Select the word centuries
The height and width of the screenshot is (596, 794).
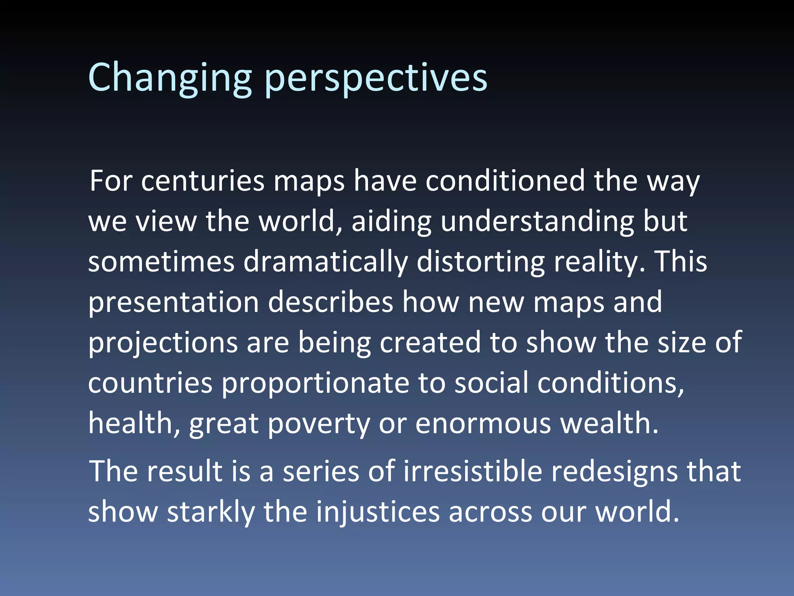[x=202, y=181]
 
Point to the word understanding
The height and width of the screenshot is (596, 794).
[x=537, y=222]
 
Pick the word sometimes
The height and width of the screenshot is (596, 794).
[x=161, y=262]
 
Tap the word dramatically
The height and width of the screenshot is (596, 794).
[x=326, y=262]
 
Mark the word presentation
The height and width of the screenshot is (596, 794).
[x=173, y=303]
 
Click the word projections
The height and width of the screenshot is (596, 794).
[x=163, y=343]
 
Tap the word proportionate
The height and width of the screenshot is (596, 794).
[x=315, y=383]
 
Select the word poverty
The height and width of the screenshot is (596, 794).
[x=319, y=424]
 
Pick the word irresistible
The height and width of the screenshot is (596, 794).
[x=473, y=471]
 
